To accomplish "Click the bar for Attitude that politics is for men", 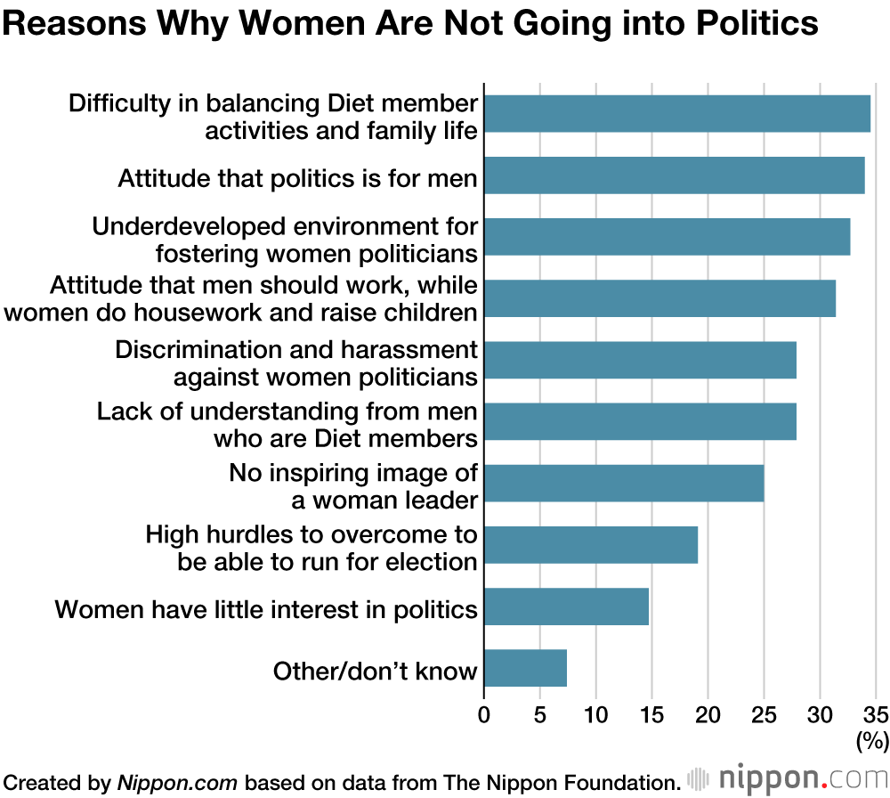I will [674, 175].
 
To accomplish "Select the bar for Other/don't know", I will [525, 668].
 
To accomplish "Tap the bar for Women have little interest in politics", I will [566, 607].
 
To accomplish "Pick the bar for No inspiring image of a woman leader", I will [624, 483].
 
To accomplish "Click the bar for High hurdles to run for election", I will [590, 544].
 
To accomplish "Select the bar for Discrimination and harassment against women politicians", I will [640, 360].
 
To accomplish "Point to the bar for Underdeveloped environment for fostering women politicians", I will [667, 237].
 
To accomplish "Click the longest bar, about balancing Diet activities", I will [676, 113].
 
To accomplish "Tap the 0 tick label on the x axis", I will [484, 715].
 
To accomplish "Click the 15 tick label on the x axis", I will [652, 715].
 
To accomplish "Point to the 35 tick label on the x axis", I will [876, 715].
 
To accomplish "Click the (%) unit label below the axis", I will [872, 739].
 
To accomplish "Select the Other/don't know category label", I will [376, 671].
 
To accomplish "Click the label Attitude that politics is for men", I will [298, 179].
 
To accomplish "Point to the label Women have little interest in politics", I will [266, 610].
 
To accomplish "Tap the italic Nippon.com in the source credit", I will [177, 782].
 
